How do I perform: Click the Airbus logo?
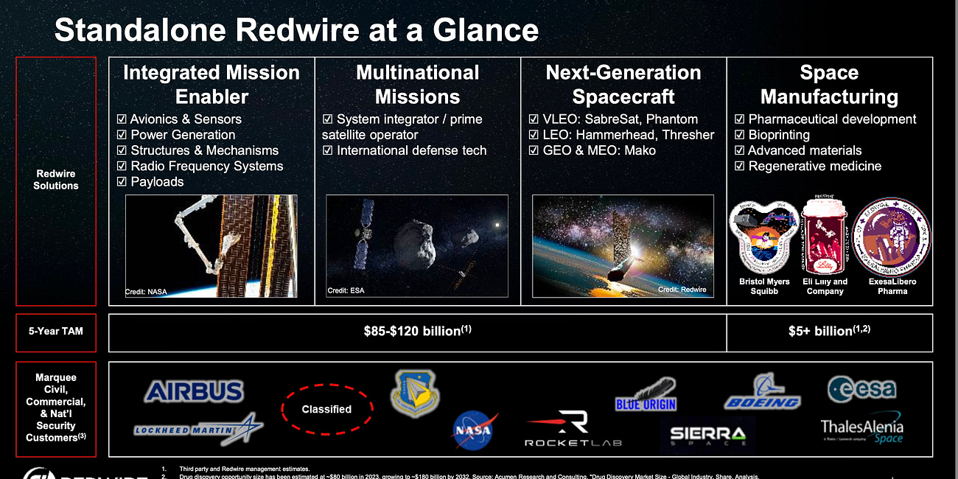coord(194,391)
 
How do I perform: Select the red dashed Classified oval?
coord(326,409)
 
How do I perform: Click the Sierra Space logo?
coord(707,434)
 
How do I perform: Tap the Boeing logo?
coord(762,393)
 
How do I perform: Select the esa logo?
coord(861,388)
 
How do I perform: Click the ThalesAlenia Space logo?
coord(861,430)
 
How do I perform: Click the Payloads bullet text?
coord(157,181)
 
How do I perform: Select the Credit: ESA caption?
coord(346,290)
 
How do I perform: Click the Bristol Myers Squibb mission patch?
coord(764,237)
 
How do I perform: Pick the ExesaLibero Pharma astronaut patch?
coord(892,237)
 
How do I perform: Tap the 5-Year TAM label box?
coord(56,332)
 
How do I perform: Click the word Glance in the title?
coord(485,30)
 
